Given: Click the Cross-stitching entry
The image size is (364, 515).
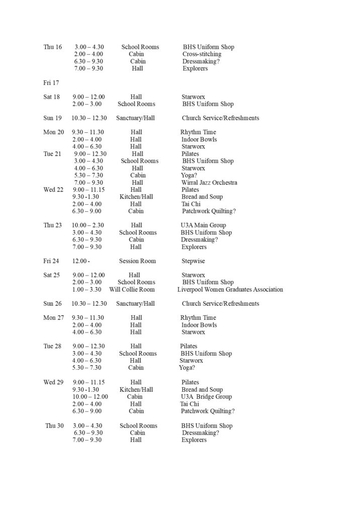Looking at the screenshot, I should click(202, 54).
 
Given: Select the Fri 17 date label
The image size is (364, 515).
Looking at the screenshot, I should click(51, 82).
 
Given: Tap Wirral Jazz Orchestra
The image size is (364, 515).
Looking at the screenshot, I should click(209, 183).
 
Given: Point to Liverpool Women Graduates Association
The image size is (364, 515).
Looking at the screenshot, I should click(230, 290).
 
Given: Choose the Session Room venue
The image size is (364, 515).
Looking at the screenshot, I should click(137, 261).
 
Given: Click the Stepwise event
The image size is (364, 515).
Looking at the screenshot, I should click(193, 261).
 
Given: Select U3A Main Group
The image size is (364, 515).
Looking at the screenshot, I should click(203, 225).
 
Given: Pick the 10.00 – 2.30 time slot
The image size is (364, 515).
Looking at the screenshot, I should click(88, 225).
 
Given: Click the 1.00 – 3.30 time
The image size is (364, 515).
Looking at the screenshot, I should click(87, 290).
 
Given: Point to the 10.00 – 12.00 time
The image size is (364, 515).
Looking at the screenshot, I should click(90, 397).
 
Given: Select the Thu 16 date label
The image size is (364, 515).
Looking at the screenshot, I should click(53, 47).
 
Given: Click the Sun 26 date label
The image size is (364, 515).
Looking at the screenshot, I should click(52, 304).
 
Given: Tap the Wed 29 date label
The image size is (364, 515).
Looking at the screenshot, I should click(53, 382).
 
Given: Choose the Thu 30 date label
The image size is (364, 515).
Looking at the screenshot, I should click(54, 425).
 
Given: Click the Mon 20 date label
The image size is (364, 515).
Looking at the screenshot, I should click(54, 132).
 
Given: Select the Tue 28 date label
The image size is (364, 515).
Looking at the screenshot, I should click(52, 347).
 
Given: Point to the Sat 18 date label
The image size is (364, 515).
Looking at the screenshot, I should click(52, 97).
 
